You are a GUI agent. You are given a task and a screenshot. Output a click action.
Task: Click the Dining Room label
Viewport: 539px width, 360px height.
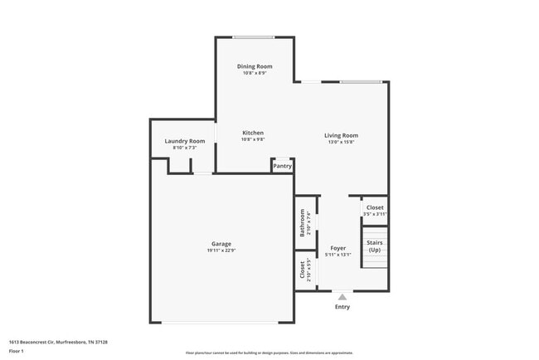tap(255, 66)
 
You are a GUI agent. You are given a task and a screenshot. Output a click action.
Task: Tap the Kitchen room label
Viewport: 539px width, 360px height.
tap(253, 133)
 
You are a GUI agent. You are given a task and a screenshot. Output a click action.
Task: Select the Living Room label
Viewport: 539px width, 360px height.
tap(341, 135)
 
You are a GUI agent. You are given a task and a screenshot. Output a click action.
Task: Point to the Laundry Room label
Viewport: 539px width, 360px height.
tap(185, 141)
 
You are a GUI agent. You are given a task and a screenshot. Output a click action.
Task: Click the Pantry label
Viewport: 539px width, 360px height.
tap(282, 166)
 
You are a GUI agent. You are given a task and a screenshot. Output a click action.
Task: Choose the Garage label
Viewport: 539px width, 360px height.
tap(221, 244)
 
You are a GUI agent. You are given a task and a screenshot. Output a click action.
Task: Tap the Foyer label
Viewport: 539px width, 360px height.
tap(338, 248)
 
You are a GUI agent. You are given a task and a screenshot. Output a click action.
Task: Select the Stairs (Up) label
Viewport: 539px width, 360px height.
tap(375, 246)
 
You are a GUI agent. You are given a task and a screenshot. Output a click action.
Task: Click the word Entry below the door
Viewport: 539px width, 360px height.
tap(342, 307)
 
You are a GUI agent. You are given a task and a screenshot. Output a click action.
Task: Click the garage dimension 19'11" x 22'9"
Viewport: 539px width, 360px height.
tap(221, 251)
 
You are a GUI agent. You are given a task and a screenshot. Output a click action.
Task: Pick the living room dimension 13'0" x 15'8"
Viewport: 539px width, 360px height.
tap(341, 142)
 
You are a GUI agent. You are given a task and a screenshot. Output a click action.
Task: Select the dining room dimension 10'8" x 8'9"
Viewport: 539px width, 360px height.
tap(255, 73)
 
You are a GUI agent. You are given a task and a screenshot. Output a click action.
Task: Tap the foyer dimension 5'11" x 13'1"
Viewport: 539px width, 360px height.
tap(338, 255)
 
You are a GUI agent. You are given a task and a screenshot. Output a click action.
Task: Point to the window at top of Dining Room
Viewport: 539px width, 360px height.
tap(254, 37)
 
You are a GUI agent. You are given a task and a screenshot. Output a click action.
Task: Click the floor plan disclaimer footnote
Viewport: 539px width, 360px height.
tap(269, 352)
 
